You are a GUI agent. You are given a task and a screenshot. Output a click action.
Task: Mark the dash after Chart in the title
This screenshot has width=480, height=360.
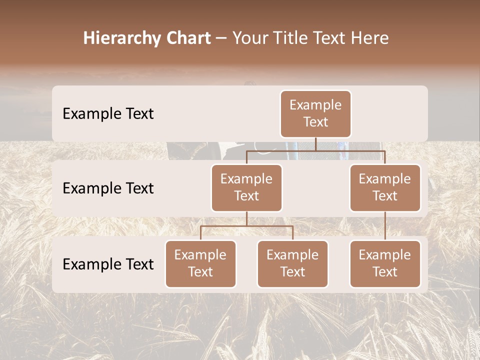(x=221, y=39)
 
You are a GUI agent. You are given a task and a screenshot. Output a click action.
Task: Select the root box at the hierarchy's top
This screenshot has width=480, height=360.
(x=315, y=114)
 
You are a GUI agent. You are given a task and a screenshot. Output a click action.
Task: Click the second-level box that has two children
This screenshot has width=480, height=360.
(x=246, y=188)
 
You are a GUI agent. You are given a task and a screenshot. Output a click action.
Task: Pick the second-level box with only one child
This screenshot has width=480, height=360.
(x=385, y=188)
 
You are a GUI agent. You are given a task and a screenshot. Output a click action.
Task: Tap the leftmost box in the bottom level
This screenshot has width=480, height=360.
(x=200, y=264)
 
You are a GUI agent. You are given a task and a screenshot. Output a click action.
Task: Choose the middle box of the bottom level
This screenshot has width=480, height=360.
(x=292, y=264)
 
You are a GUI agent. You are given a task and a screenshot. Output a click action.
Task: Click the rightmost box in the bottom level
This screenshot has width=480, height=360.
(x=385, y=264)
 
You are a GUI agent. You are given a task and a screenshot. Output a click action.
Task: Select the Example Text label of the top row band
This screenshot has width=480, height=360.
(x=108, y=114)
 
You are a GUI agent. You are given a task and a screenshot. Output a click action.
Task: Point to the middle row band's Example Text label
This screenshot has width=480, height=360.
(x=108, y=188)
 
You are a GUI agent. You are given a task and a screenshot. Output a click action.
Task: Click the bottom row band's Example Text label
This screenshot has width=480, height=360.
(x=108, y=264)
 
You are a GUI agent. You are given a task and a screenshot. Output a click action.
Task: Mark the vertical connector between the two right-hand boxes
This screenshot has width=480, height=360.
(x=385, y=226)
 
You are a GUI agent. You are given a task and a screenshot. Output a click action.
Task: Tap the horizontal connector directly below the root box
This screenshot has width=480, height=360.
(x=315, y=150)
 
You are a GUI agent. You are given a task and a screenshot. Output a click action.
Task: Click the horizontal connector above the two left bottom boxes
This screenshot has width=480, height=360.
(x=246, y=226)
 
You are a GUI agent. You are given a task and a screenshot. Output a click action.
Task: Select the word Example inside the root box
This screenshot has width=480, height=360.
(x=315, y=105)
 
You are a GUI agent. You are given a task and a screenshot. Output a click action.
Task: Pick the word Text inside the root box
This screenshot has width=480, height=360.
(x=315, y=122)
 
